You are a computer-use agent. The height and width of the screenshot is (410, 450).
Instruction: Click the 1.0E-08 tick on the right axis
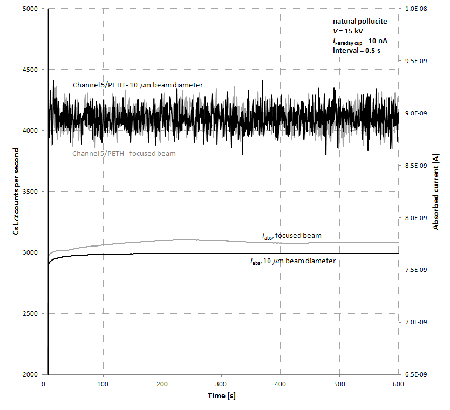(x=416, y=9)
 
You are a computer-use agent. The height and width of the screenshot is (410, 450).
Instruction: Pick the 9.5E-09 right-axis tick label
(x=416, y=61)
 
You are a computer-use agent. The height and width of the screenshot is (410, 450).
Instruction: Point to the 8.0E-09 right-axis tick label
(x=416, y=217)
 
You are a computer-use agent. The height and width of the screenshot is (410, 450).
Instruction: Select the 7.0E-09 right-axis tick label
(x=416, y=322)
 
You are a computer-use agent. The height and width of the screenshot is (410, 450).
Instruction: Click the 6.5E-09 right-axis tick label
(x=416, y=374)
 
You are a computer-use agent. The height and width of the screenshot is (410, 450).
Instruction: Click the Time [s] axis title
(x=222, y=396)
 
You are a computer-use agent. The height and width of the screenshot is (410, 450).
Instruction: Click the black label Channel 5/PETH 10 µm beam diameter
(x=138, y=85)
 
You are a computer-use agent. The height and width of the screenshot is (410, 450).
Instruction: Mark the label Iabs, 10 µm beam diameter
(x=292, y=261)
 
